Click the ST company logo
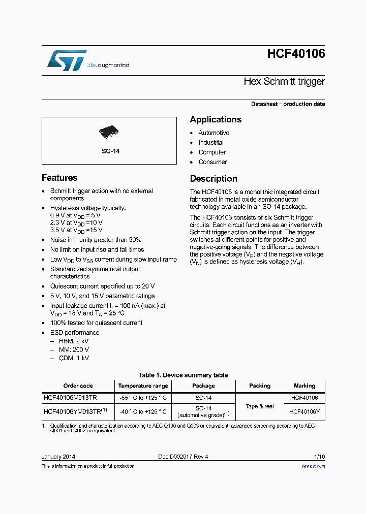pos(67,60)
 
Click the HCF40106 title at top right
pos(295,54)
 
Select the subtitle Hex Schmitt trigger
pos(284,81)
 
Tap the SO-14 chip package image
pos(109,132)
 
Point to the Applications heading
pos(216,119)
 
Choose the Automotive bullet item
pos(213,133)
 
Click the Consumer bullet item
pos(212,162)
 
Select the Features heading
pos(59,178)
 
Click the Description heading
pos(213,179)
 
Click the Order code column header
pos(78,386)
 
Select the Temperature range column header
pos(143,386)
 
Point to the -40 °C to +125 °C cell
pos(143,411)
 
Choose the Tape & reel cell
pos(260,406)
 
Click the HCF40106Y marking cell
pos(304,412)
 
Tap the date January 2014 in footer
pos(58,457)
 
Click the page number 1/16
pos(319,457)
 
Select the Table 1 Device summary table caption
pos(183,375)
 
